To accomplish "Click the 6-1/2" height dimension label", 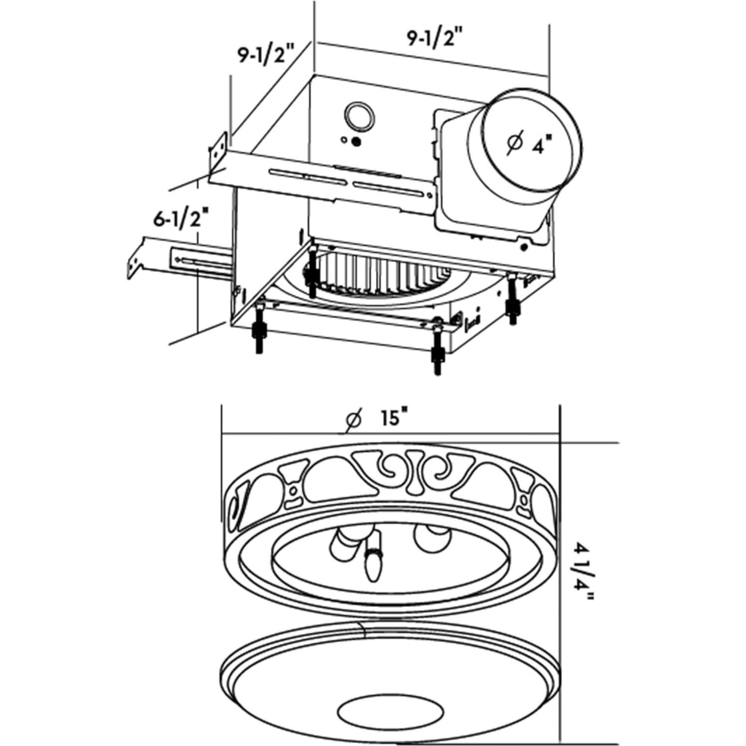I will tap(180, 219).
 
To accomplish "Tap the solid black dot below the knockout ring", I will tap(356, 142).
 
